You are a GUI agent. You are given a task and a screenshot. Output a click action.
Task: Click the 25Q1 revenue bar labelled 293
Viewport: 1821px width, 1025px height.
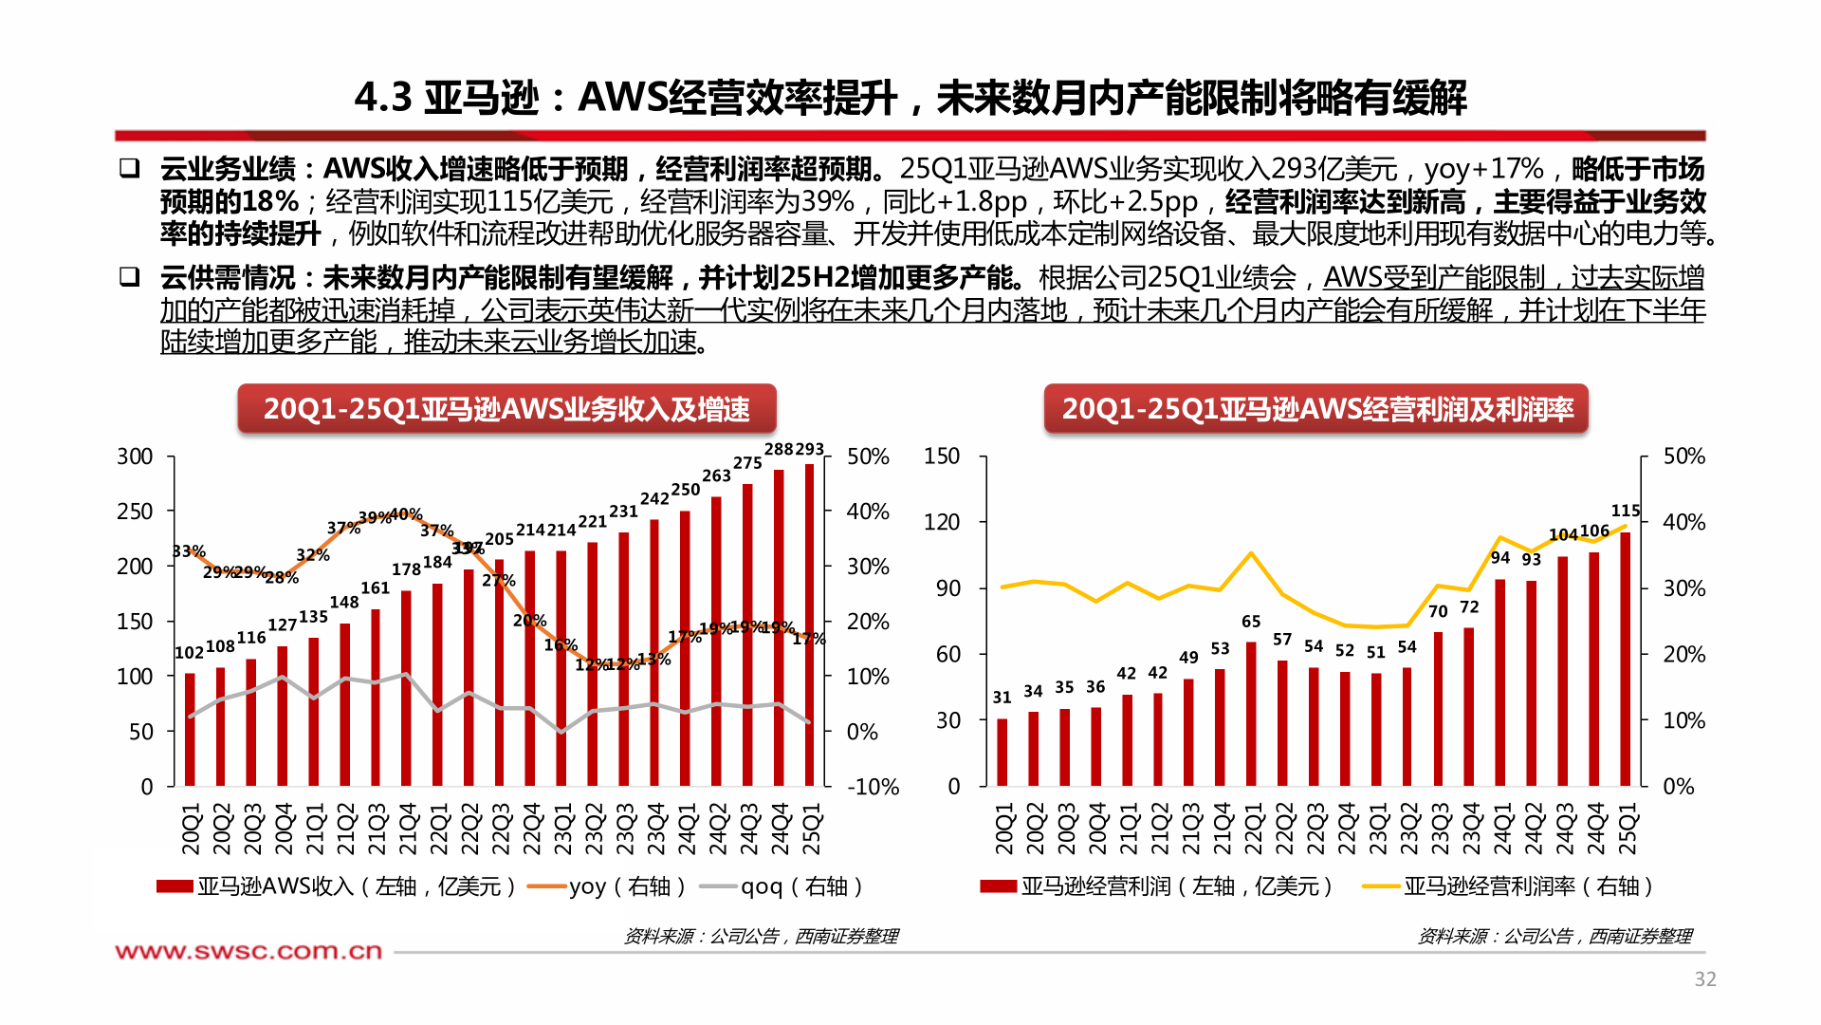tap(809, 626)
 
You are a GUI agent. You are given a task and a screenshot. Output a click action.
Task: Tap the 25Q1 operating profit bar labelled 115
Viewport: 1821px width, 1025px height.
tap(1626, 660)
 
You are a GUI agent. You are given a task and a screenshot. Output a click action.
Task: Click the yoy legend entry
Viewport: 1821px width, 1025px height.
tap(607, 886)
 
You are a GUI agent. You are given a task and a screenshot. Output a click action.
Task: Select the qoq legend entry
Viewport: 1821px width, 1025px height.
tap(782, 886)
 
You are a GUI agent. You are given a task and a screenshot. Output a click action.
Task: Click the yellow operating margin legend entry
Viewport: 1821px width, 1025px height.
tap(1508, 886)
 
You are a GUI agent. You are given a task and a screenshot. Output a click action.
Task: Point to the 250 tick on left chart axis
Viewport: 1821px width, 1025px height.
tap(135, 512)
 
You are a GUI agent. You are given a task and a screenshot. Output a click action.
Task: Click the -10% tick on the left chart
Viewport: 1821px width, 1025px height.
tap(873, 787)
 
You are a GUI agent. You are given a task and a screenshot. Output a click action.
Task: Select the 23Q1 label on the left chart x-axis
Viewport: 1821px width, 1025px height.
tap(563, 829)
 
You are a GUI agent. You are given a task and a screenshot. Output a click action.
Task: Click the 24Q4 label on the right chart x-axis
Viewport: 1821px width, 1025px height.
tap(1595, 829)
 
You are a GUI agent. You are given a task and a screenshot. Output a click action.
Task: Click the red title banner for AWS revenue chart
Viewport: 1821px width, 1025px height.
tap(506, 409)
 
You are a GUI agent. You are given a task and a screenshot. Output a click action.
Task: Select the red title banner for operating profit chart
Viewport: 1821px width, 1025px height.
tap(1315, 409)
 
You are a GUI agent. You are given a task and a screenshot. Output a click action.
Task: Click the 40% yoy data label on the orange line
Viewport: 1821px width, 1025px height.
tap(406, 514)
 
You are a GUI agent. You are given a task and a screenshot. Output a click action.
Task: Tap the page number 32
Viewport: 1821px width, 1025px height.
tap(1704, 979)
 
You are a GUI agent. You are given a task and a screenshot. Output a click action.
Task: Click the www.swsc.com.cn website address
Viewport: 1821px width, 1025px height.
tap(248, 951)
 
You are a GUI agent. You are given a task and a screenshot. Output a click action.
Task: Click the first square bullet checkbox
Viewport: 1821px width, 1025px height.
tap(129, 169)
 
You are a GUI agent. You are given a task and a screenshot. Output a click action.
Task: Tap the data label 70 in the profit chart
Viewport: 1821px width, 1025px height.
tap(1438, 612)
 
